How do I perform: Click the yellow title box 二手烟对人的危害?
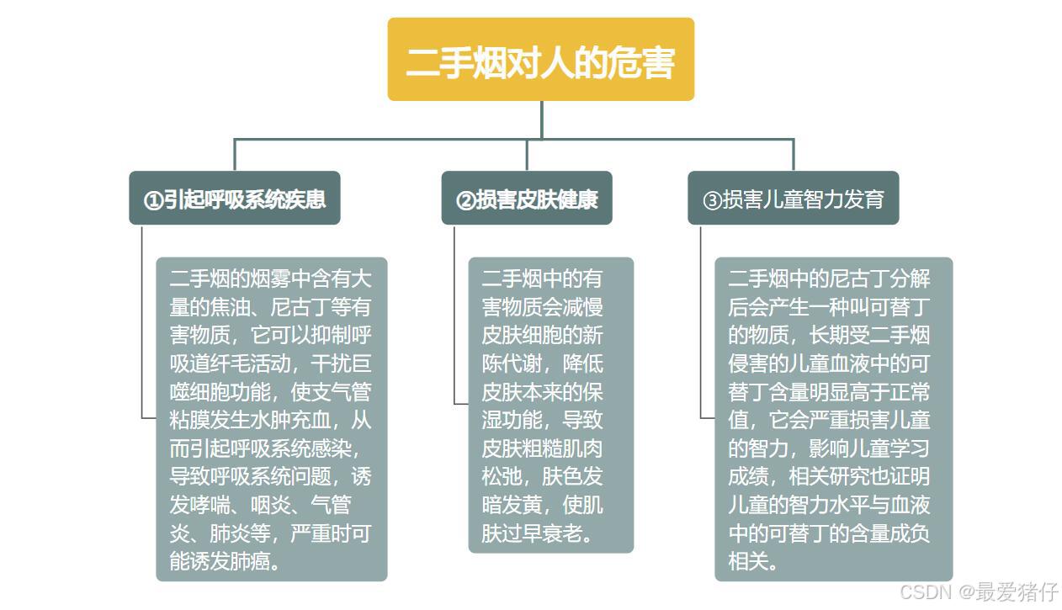[540, 60]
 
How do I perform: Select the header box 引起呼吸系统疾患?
[234, 199]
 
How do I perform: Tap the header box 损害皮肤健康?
[526, 199]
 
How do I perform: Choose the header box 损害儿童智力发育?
[793, 199]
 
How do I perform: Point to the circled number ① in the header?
[152, 200]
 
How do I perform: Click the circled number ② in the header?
[465, 200]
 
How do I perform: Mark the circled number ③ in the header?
[712, 200]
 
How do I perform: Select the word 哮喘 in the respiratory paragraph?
[210, 506]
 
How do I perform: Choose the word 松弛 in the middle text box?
[502, 476]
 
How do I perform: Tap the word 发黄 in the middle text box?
[522, 505]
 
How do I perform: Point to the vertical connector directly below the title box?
[541, 119]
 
